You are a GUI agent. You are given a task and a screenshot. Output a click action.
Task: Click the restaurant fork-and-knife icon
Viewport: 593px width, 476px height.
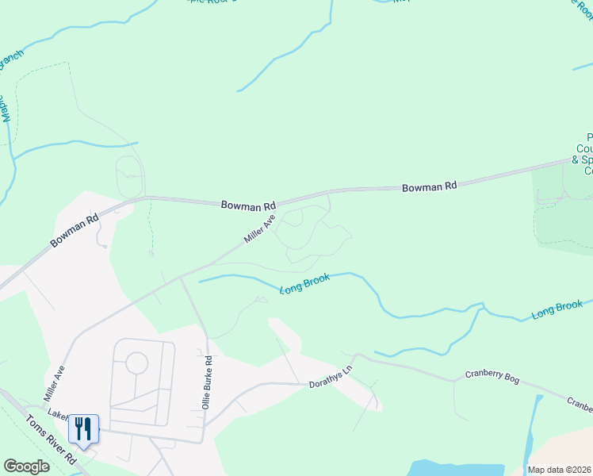pyautogui.click(x=83, y=429)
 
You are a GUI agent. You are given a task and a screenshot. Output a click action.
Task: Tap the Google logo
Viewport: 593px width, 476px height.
pyautogui.click(x=26, y=466)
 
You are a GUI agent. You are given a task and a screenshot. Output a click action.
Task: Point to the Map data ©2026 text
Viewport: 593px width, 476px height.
pyautogui.click(x=559, y=470)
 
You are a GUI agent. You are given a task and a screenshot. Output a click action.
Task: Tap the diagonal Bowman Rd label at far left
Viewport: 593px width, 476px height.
pyautogui.click(x=75, y=229)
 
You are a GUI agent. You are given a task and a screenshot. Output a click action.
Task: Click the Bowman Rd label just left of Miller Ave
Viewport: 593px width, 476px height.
pyautogui.click(x=248, y=205)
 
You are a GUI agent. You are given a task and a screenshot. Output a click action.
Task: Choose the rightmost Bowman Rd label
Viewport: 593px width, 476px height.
pyautogui.click(x=430, y=187)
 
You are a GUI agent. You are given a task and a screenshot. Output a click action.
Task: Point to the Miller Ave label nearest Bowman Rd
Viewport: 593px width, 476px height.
pyautogui.click(x=259, y=230)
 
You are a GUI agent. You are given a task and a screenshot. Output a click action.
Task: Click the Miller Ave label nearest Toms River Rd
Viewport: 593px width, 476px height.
pyautogui.click(x=54, y=382)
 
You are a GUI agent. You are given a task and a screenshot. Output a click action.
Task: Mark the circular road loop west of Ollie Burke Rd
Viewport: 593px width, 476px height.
pyautogui.click(x=136, y=364)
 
